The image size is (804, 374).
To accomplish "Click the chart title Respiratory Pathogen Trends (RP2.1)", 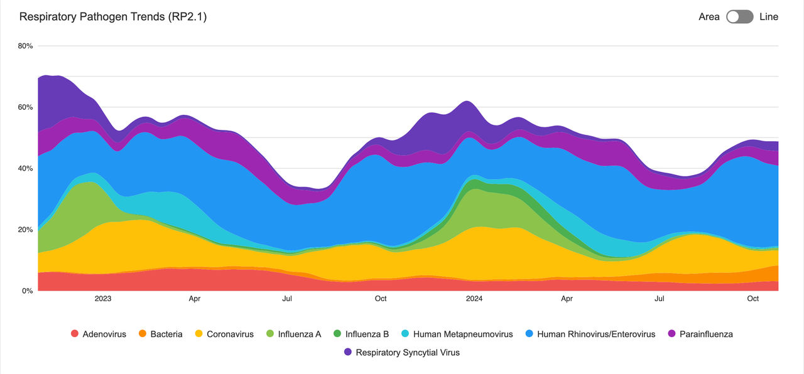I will click(113, 17).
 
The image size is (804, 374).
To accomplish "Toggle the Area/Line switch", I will click(739, 17).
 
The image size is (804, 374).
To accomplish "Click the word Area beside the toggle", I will click(709, 17).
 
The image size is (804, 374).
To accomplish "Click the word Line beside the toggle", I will click(768, 17).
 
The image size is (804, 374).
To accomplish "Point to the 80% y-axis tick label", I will click(26, 46).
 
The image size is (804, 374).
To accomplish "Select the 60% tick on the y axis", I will click(26, 107).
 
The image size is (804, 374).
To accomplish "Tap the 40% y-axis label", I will click(26, 168).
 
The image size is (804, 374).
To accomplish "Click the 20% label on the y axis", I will click(26, 230).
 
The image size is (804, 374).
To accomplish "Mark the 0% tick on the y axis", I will click(28, 291).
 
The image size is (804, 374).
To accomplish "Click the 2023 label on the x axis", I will click(103, 299).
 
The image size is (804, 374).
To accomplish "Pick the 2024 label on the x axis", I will click(475, 299).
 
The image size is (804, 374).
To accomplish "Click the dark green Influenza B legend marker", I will click(337, 334).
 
